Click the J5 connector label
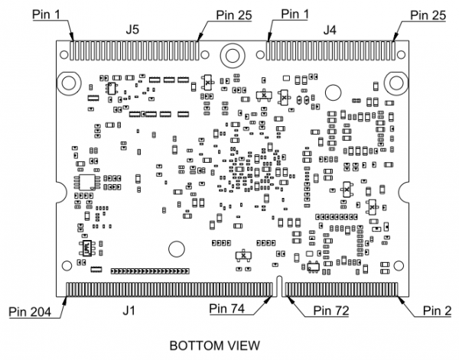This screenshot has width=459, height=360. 132,30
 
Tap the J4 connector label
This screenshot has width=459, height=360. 330,30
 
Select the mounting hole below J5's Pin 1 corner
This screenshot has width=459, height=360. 68,82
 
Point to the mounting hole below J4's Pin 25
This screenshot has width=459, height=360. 396,82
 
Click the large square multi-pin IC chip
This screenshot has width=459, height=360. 86,182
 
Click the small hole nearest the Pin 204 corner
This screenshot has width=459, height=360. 67,266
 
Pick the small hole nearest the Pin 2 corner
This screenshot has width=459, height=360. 397,266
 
